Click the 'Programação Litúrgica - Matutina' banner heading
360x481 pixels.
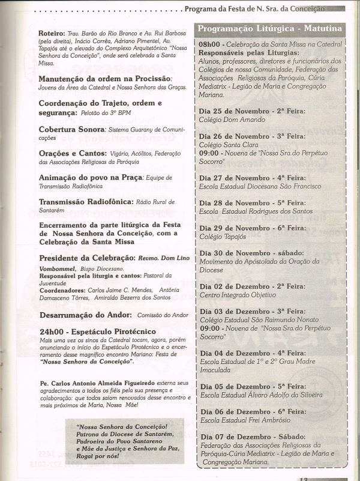coord(270,29)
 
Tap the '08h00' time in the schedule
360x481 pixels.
coord(210,45)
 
